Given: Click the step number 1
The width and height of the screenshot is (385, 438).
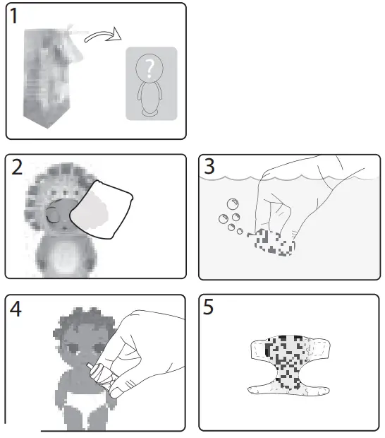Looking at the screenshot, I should pyautogui.click(x=16, y=16).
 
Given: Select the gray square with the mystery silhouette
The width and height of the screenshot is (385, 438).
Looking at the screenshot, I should pyautogui.click(x=151, y=83).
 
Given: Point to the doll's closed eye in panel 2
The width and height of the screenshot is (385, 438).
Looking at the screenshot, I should pyautogui.click(x=50, y=215).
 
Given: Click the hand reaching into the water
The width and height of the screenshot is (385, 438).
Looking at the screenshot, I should pyautogui.click(x=296, y=198).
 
